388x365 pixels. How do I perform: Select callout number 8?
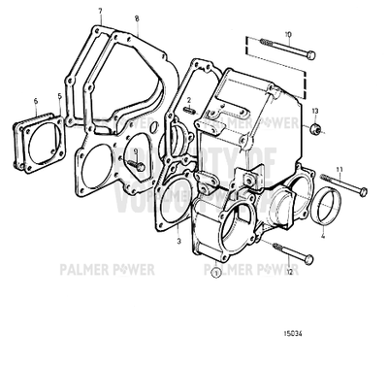(x=137, y=17)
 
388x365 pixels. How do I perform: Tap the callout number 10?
(x=287, y=34)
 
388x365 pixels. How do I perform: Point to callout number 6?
(x=35, y=100)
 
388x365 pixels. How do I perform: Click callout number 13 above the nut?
(x=314, y=111)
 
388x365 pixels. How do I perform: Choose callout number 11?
(x=339, y=169)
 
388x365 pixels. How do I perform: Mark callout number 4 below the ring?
(x=322, y=233)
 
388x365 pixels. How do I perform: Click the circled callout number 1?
(x=214, y=273)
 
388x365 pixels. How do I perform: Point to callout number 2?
(x=191, y=100)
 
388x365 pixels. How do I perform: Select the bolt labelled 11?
(x=340, y=185)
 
